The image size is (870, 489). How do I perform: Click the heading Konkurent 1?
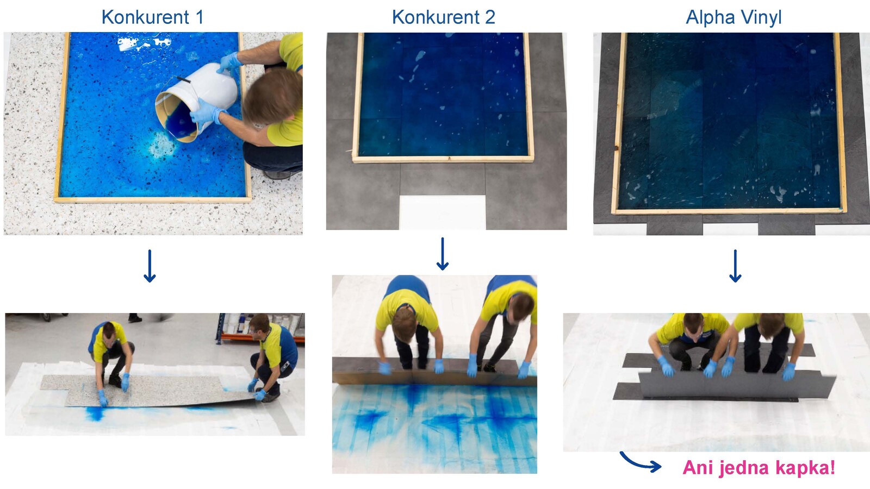153,17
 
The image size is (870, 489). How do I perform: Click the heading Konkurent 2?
444,17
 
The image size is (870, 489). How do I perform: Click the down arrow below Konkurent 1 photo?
150,266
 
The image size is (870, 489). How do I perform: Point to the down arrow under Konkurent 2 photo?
443,254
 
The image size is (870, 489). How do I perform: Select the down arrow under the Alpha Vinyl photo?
735,266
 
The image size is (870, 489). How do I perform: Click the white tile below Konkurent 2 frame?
443,212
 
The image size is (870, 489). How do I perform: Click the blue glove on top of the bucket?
229,62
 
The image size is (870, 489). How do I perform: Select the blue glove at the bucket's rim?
206,112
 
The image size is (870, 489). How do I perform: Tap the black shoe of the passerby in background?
135,318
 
